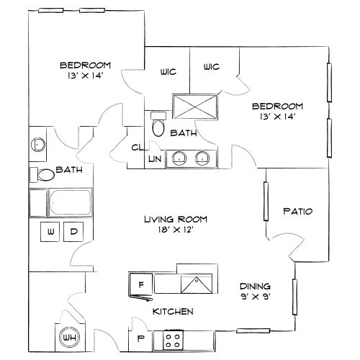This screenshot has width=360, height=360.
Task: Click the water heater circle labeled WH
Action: point(68,335)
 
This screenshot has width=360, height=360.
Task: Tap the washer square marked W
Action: point(50,232)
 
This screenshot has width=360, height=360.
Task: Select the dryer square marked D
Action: point(73,232)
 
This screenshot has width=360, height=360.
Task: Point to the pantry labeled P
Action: point(140,337)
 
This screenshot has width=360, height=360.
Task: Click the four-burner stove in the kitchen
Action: point(174,337)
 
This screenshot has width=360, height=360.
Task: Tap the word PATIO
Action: point(297,211)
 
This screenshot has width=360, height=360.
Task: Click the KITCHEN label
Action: point(173,311)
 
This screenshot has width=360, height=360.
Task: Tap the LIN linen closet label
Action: point(154,158)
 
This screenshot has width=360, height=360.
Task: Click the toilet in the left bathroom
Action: point(45,174)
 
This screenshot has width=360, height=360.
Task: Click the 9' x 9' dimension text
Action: point(256,295)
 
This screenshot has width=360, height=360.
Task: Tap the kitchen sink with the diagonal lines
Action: point(194,284)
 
